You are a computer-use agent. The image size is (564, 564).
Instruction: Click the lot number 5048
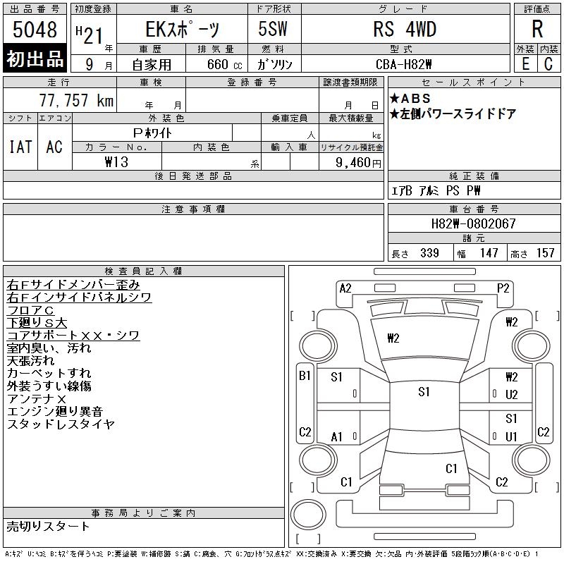click(x=35, y=29)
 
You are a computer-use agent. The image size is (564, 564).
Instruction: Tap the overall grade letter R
click(x=537, y=29)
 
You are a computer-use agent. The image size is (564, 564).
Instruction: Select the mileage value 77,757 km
click(x=76, y=100)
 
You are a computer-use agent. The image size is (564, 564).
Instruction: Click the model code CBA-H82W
click(x=403, y=64)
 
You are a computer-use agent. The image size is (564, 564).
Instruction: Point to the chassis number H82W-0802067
click(x=473, y=223)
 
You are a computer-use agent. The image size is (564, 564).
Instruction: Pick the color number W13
click(x=116, y=162)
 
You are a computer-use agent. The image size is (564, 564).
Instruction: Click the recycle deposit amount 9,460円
click(x=358, y=163)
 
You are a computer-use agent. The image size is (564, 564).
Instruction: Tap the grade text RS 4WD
click(x=405, y=29)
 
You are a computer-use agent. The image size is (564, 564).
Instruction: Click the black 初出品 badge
click(x=35, y=59)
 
